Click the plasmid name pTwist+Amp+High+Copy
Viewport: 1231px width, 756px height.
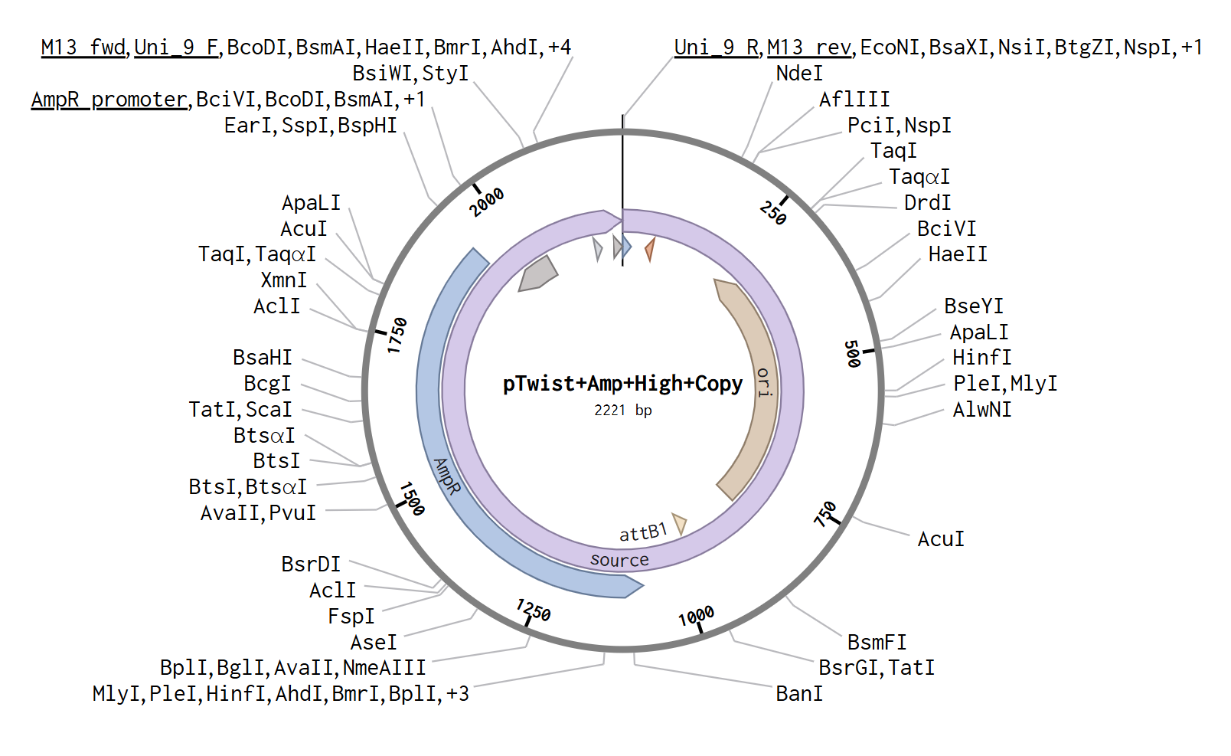tap(622, 384)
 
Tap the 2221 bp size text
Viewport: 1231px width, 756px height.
tap(622, 411)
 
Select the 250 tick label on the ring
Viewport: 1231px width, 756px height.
tap(773, 212)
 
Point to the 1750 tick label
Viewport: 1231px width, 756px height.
tap(397, 335)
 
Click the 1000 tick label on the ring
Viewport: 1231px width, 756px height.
tap(696, 616)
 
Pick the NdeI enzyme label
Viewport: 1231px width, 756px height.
tap(799, 74)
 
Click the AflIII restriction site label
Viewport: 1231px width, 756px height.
tap(854, 100)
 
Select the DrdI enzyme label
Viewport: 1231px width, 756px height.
tap(927, 203)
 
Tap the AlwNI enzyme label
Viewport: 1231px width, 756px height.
tap(981, 410)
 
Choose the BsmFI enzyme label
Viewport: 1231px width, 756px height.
tap(877, 642)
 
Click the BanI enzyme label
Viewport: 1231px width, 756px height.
tap(799, 694)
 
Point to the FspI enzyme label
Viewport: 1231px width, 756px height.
tap(351, 617)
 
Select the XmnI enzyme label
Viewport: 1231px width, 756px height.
tap(283, 280)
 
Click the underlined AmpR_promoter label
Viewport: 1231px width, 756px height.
tap(109, 100)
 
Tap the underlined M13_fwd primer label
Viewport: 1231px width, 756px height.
tap(83, 47)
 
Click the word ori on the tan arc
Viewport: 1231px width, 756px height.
tap(764, 381)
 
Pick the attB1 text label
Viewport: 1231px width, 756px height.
tap(643, 532)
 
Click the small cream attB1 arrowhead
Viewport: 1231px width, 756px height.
tap(679, 523)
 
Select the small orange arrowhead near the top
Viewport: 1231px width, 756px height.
tap(650, 248)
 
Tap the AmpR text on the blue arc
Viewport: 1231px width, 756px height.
tap(447, 476)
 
